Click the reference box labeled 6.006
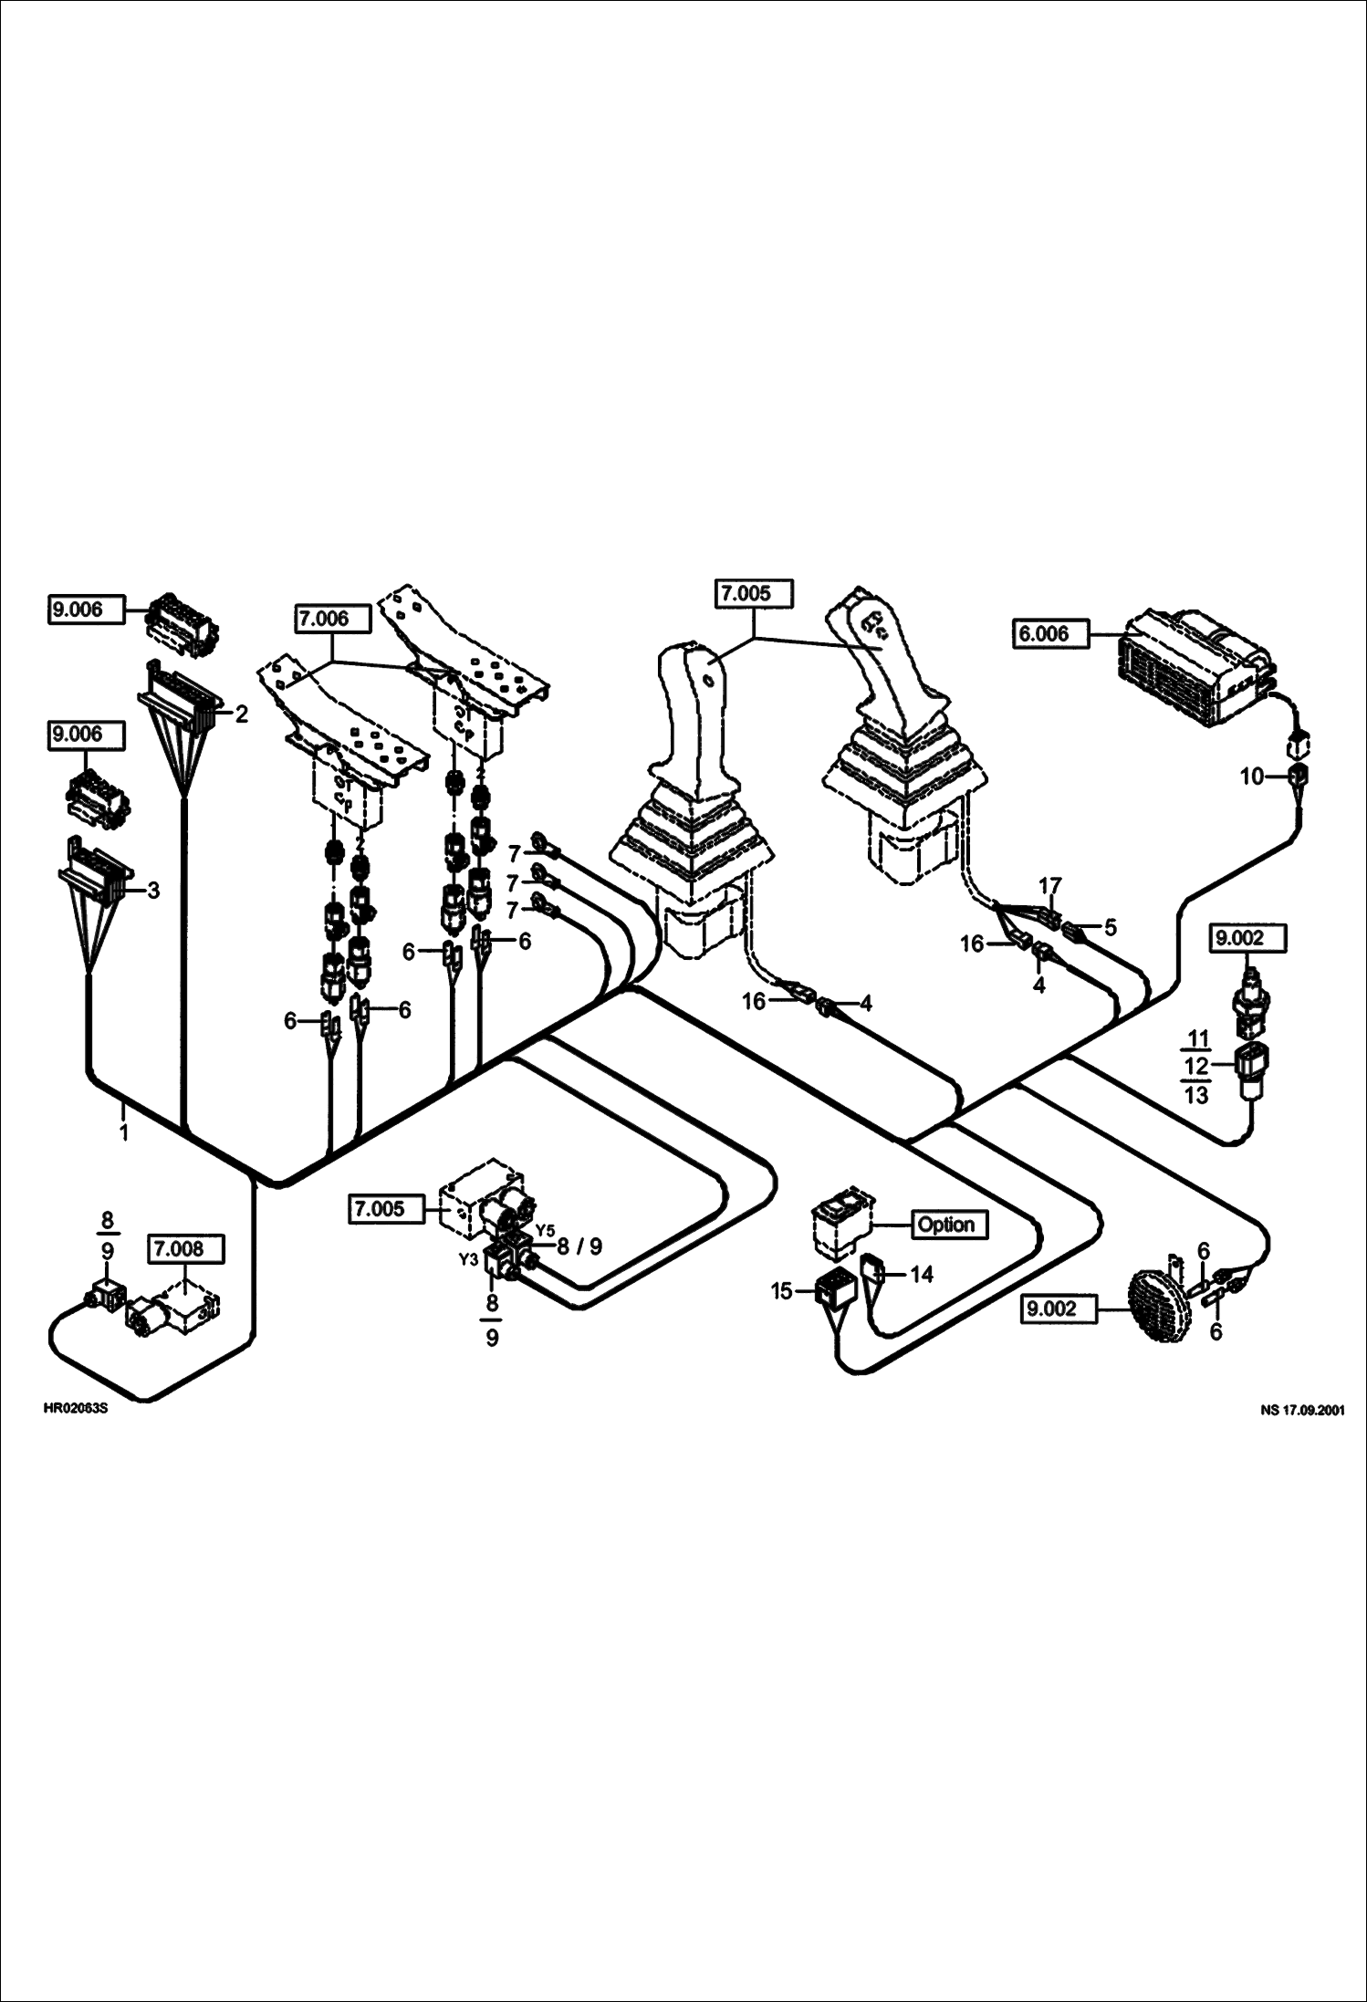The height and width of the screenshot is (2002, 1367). pos(1050,633)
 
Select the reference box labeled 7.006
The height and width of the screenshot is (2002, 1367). pos(332,619)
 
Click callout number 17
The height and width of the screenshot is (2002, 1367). pos(1049,886)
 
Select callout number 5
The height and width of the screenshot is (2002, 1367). pos(1110,928)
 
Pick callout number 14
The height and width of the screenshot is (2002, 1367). pos(923,1274)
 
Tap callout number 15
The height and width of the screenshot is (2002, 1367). pos(781,1292)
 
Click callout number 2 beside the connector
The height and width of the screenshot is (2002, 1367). pos(241,714)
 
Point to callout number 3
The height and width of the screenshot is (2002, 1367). pos(153,890)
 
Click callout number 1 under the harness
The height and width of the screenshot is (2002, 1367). pos(123,1133)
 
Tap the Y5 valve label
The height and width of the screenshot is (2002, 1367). pos(544,1228)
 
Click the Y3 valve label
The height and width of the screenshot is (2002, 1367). pos(468,1259)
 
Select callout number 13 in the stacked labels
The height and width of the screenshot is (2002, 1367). pos(1196,1094)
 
